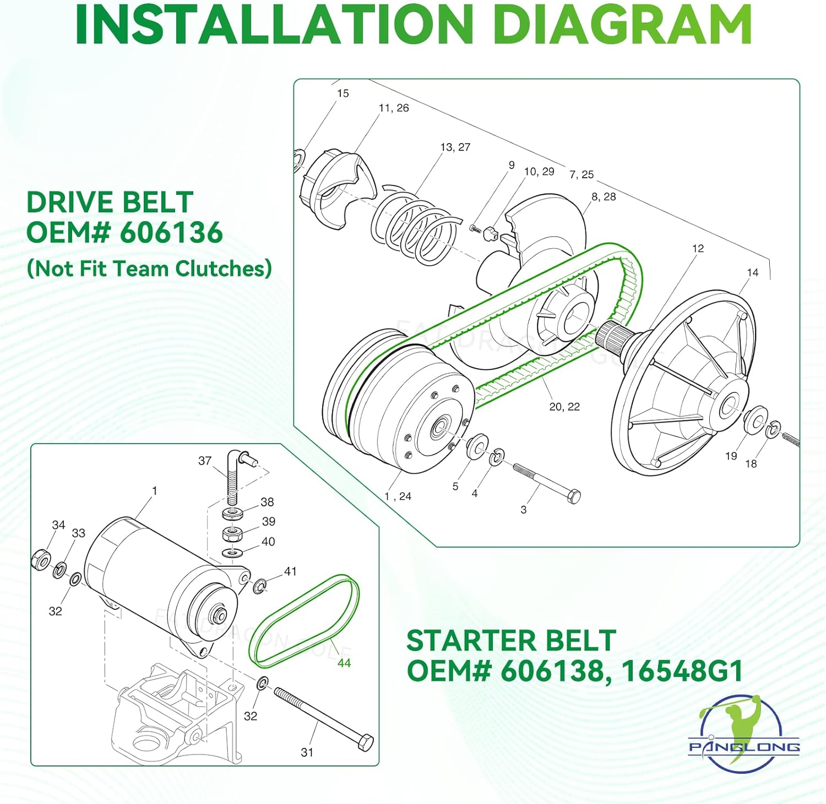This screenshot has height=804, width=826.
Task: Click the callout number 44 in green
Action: pos(344,663)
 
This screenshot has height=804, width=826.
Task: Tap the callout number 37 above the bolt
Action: pos(205,461)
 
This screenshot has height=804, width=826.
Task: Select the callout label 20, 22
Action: pos(564,407)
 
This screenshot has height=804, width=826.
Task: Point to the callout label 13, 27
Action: pos(455,147)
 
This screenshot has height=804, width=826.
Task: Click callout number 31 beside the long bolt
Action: pos(307,752)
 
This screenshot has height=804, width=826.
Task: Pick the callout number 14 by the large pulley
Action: pos(752,272)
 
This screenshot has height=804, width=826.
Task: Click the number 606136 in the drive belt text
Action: pos(171,232)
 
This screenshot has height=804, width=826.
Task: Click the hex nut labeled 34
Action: pos(41,560)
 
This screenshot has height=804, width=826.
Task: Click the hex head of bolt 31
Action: pos(366,742)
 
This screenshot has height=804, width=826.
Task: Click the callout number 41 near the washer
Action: pos(290,572)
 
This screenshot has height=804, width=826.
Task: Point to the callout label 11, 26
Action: pos(393,108)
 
